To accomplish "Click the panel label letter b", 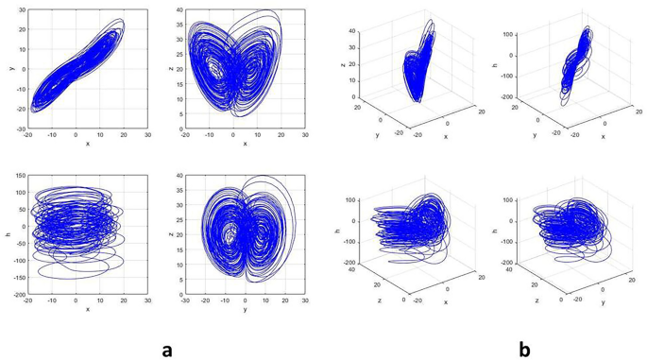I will tap(524, 349).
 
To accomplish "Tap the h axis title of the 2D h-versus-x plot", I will tap(8, 235).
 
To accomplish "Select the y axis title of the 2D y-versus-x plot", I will tap(8, 68).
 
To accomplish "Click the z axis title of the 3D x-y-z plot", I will tap(342, 68).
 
